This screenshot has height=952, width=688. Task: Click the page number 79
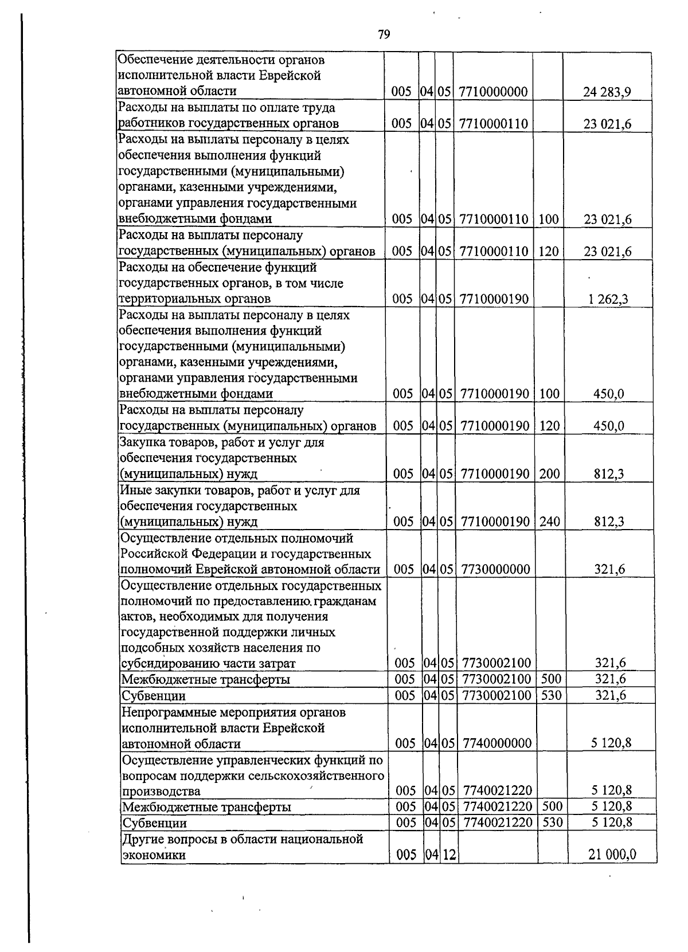[x=384, y=36]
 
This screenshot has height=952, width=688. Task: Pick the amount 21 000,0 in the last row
[x=612, y=855]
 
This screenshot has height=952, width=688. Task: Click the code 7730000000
[x=495, y=569]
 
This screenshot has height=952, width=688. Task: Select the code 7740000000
[x=497, y=743]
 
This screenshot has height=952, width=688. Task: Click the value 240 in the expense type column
[x=550, y=522]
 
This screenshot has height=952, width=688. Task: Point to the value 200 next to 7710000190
[x=550, y=473]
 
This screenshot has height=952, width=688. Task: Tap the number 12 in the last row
[x=449, y=855]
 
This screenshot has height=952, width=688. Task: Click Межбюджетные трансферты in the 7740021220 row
[x=207, y=807]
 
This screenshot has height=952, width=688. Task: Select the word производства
[x=162, y=792]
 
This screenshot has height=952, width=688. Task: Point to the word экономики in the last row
[x=155, y=855]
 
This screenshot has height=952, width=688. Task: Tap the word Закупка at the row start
[x=142, y=442]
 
